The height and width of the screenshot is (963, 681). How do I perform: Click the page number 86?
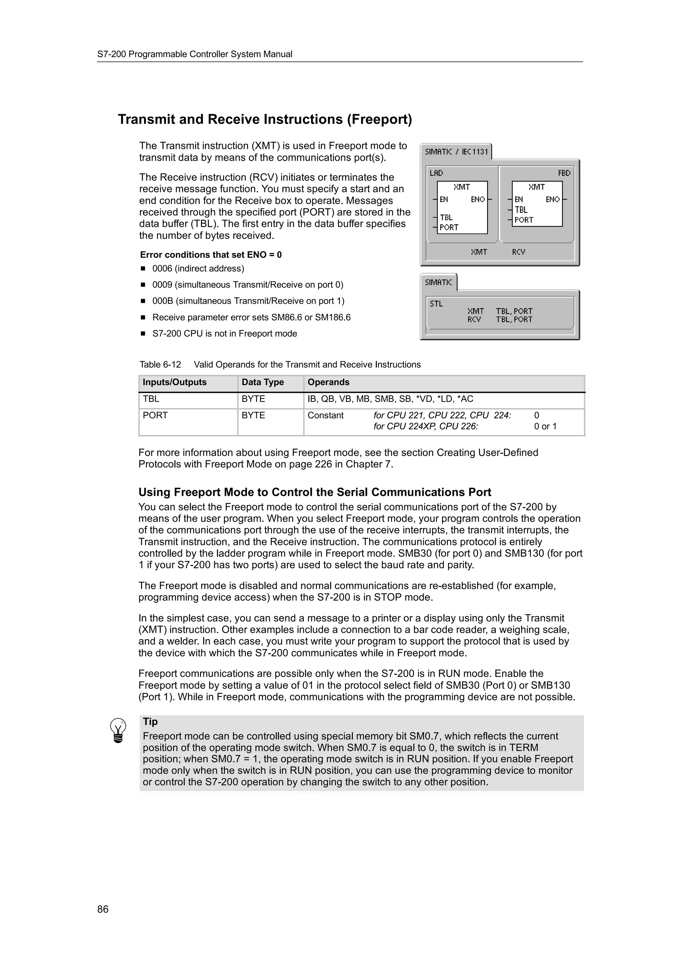(103, 909)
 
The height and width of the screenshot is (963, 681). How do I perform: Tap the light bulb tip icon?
(118, 730)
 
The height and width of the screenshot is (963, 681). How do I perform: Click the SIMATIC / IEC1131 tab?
(456, 152)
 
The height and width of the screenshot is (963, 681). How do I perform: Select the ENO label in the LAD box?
(477, 200)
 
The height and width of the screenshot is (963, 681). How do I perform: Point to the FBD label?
(564, 173)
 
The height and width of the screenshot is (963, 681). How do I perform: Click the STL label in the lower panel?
(436, 304)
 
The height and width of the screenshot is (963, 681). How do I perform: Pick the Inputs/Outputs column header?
(175, 382)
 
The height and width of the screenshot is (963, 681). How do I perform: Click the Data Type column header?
(263, 382)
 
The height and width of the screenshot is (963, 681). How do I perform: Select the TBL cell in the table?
(151, 399)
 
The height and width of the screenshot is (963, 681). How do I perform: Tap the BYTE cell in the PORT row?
(253, 415)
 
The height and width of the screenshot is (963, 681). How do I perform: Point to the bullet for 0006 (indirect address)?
(143, 268)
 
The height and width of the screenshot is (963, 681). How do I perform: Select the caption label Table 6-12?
(160, 365)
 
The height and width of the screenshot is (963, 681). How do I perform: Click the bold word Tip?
(150, 721)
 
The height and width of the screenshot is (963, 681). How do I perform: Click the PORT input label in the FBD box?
(524, 220)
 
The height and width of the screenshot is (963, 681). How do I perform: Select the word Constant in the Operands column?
(325, 415)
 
